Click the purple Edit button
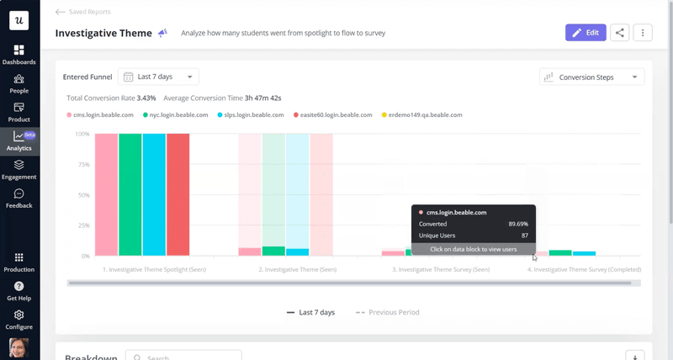coord(586,33)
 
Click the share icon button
coord(620,33)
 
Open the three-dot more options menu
coord(643,33)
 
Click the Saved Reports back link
coord(82,12)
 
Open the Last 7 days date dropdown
coord(158,77)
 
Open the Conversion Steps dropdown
coord(591,77)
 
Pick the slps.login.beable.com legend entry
coord(252,114)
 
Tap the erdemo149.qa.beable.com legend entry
coord(425,114)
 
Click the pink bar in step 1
coord(106,193)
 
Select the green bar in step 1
coord(130,193)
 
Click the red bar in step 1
coord(178,193)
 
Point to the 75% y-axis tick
coord(83,165)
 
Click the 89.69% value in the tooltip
coord(518,224)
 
